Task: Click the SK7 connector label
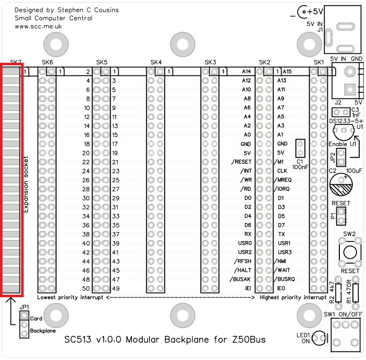click(x=16, y=62)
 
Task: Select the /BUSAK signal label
click(x=240, y=279)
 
